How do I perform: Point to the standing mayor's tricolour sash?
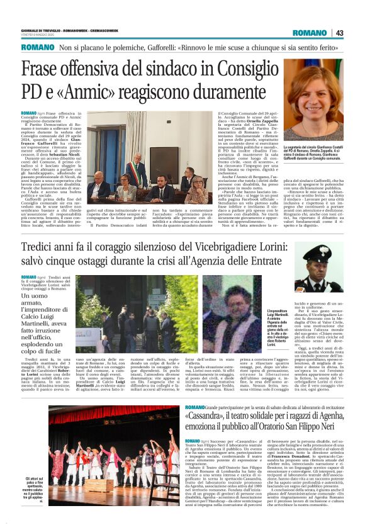(189, 179)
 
